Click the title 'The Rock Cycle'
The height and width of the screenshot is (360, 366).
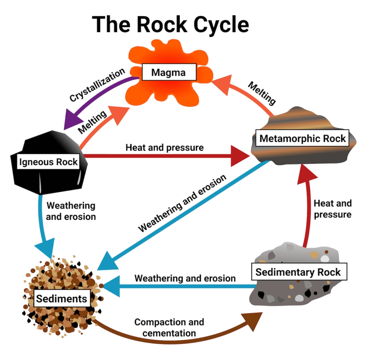point(170,24)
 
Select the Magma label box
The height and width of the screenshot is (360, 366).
point(169,72)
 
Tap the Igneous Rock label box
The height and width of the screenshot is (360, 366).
point(49,162)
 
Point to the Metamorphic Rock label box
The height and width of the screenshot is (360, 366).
point(302,138)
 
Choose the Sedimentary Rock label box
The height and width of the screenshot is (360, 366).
point(298,272)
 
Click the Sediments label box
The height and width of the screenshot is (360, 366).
point(61,298)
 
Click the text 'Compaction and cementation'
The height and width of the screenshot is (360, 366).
point(169,327)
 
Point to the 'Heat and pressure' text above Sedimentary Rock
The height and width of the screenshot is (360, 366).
point(332,209)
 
